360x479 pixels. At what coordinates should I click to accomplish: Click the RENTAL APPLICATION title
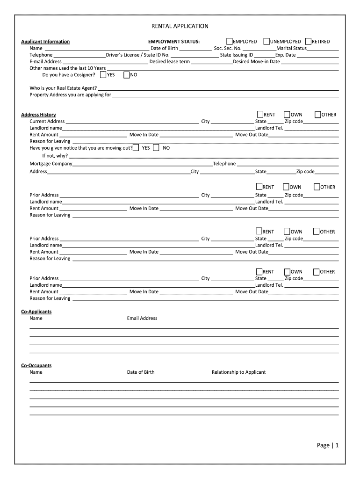coord(180,26)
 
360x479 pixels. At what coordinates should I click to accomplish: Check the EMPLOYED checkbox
coord(230,41)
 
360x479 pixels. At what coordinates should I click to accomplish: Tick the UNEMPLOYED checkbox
coord(266,41)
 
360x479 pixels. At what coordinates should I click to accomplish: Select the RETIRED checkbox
coord(308,41)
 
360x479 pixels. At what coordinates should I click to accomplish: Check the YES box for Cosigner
coord(103,75)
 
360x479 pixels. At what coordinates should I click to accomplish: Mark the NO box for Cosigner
coord(126,75)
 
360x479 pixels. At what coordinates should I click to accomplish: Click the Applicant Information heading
coord(45,42)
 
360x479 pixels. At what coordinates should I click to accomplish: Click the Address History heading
coord(38,115)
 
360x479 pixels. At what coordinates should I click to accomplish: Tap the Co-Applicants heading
coord(36,312)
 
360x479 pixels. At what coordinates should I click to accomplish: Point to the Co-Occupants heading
coord(36,365)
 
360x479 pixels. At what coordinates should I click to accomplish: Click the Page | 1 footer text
coord(327,445)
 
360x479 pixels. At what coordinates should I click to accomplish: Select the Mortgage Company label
coord(51,164)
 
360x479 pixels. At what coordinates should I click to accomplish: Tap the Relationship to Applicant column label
coord(238,372)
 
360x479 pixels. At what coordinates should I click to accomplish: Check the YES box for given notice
coord(136,148)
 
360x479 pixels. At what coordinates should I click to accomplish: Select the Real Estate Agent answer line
coord(218,89)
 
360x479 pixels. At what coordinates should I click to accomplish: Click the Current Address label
coord(47,121)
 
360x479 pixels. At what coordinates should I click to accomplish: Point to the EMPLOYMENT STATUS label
coord(174,42)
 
